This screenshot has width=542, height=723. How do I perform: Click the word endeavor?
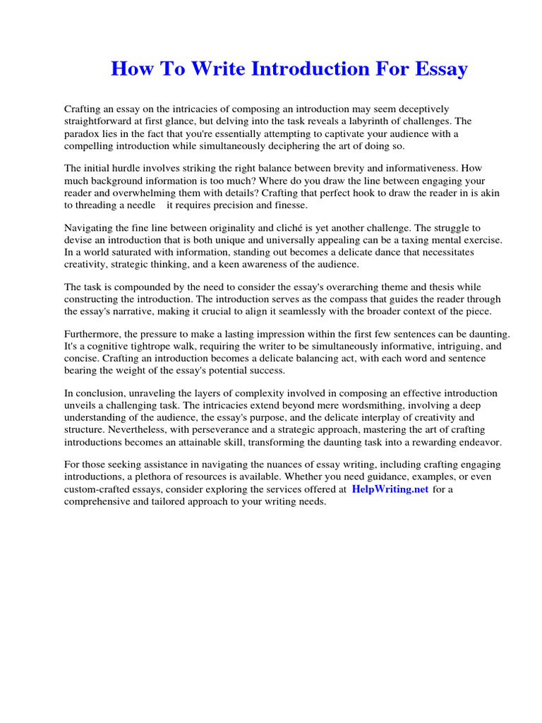(481, 441)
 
